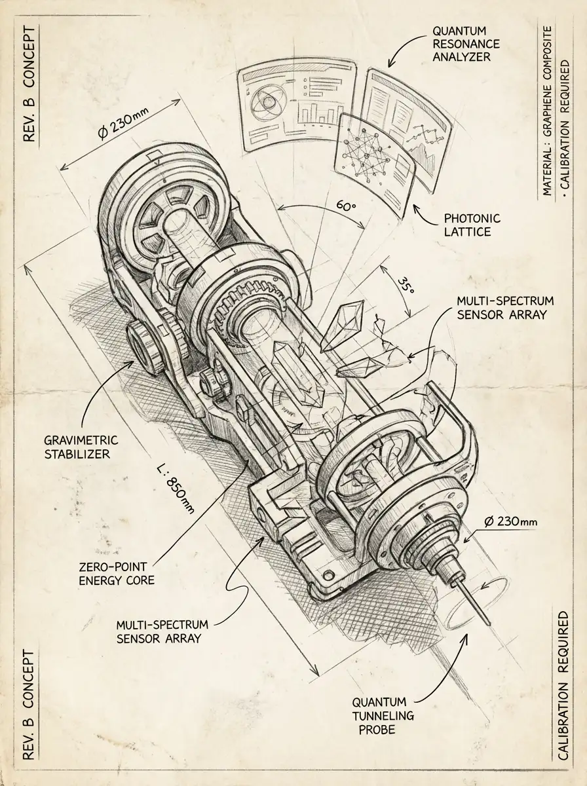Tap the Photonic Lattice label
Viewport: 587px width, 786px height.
[x=472, y=225]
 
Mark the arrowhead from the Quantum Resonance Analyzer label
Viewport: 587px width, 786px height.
[x=390, y=65]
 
